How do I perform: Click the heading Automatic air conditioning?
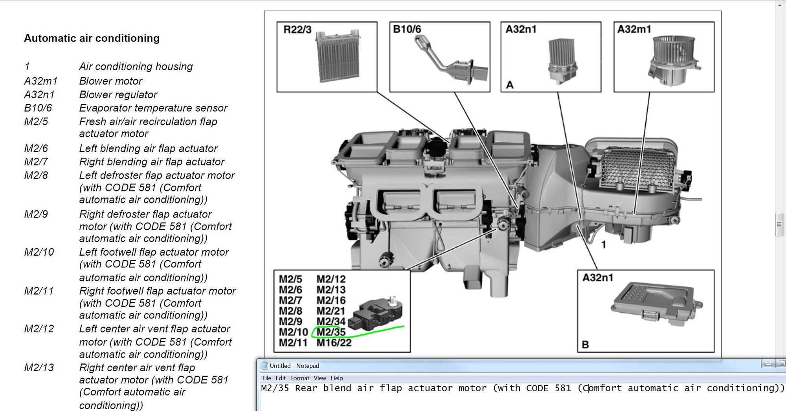92,38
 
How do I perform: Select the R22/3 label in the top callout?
297,29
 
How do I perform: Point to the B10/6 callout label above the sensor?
407,29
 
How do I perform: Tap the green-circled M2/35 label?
331,332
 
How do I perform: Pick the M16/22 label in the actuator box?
334,343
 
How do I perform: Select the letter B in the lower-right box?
585,345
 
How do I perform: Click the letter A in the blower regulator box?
510,85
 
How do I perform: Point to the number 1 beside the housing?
604,245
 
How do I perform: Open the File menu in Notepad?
267,378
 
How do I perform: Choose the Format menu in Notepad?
299,378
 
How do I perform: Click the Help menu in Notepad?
337,378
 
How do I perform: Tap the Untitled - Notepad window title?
294,366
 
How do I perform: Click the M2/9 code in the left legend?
36,214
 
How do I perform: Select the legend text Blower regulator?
118,95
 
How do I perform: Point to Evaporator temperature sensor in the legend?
153,108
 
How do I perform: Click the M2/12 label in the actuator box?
331,279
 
